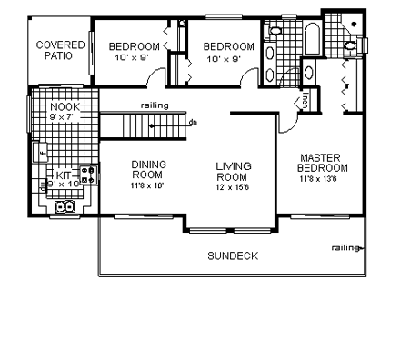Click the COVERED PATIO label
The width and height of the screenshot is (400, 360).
[x=60, y=51]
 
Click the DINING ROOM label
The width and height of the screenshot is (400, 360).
[x=146, y=170]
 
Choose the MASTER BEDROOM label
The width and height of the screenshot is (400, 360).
[x=323, y=163]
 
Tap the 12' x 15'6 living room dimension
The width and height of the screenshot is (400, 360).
[x=232, y=186]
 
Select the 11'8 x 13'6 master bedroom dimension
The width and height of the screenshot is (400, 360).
[x=323, y=179]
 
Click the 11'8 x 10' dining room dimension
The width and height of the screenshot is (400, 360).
[x=146, y=185]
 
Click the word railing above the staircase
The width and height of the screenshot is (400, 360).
[x=154, y=105]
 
